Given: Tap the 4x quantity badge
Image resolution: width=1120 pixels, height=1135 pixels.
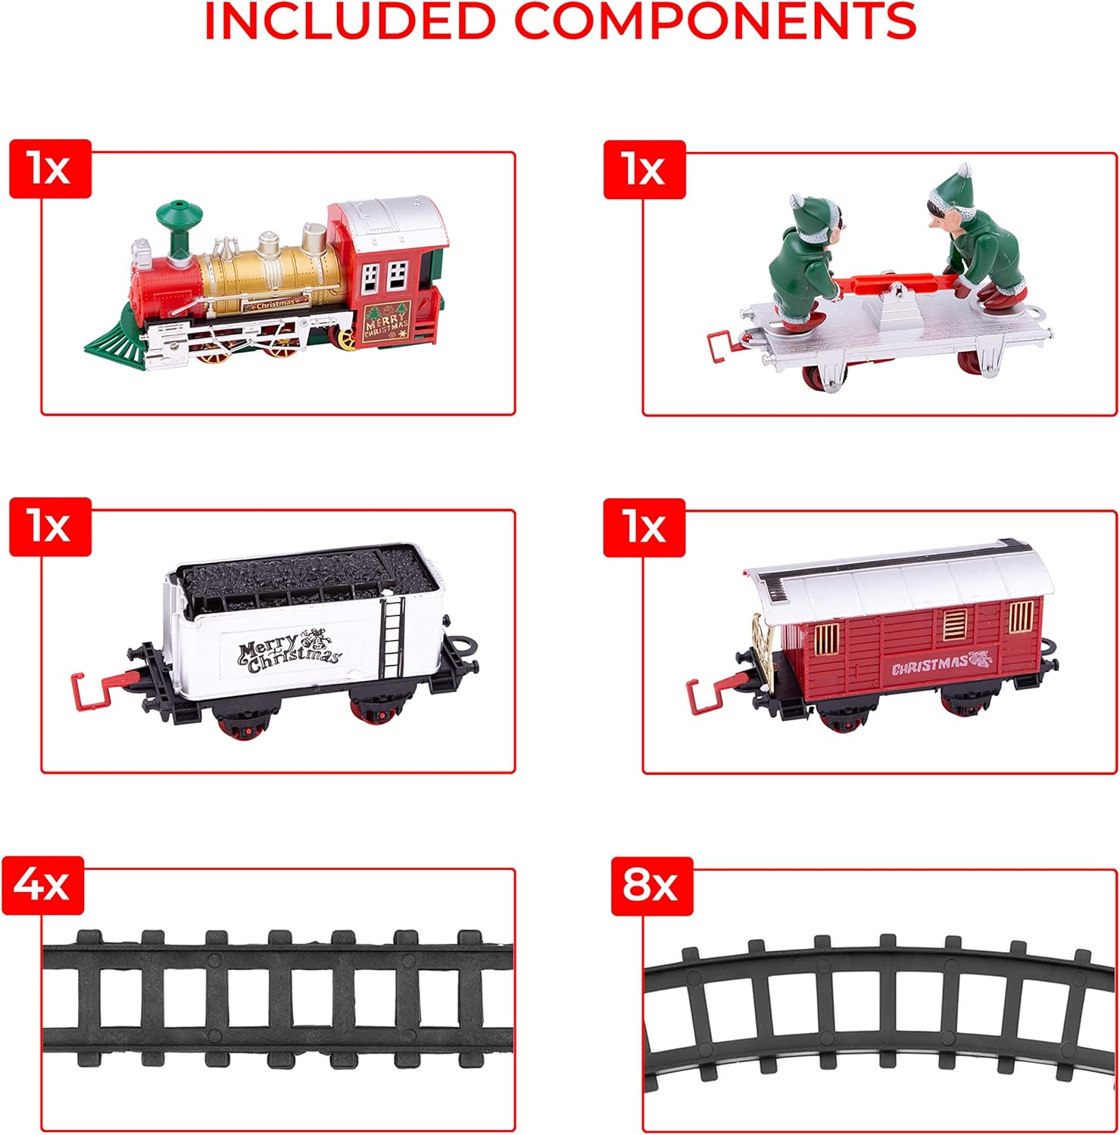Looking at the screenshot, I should pos(43,885).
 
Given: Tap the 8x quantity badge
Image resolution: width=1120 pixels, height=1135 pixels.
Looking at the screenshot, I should pos(650,885).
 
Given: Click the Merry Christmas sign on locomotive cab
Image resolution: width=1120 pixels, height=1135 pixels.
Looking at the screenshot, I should pos(386,322).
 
